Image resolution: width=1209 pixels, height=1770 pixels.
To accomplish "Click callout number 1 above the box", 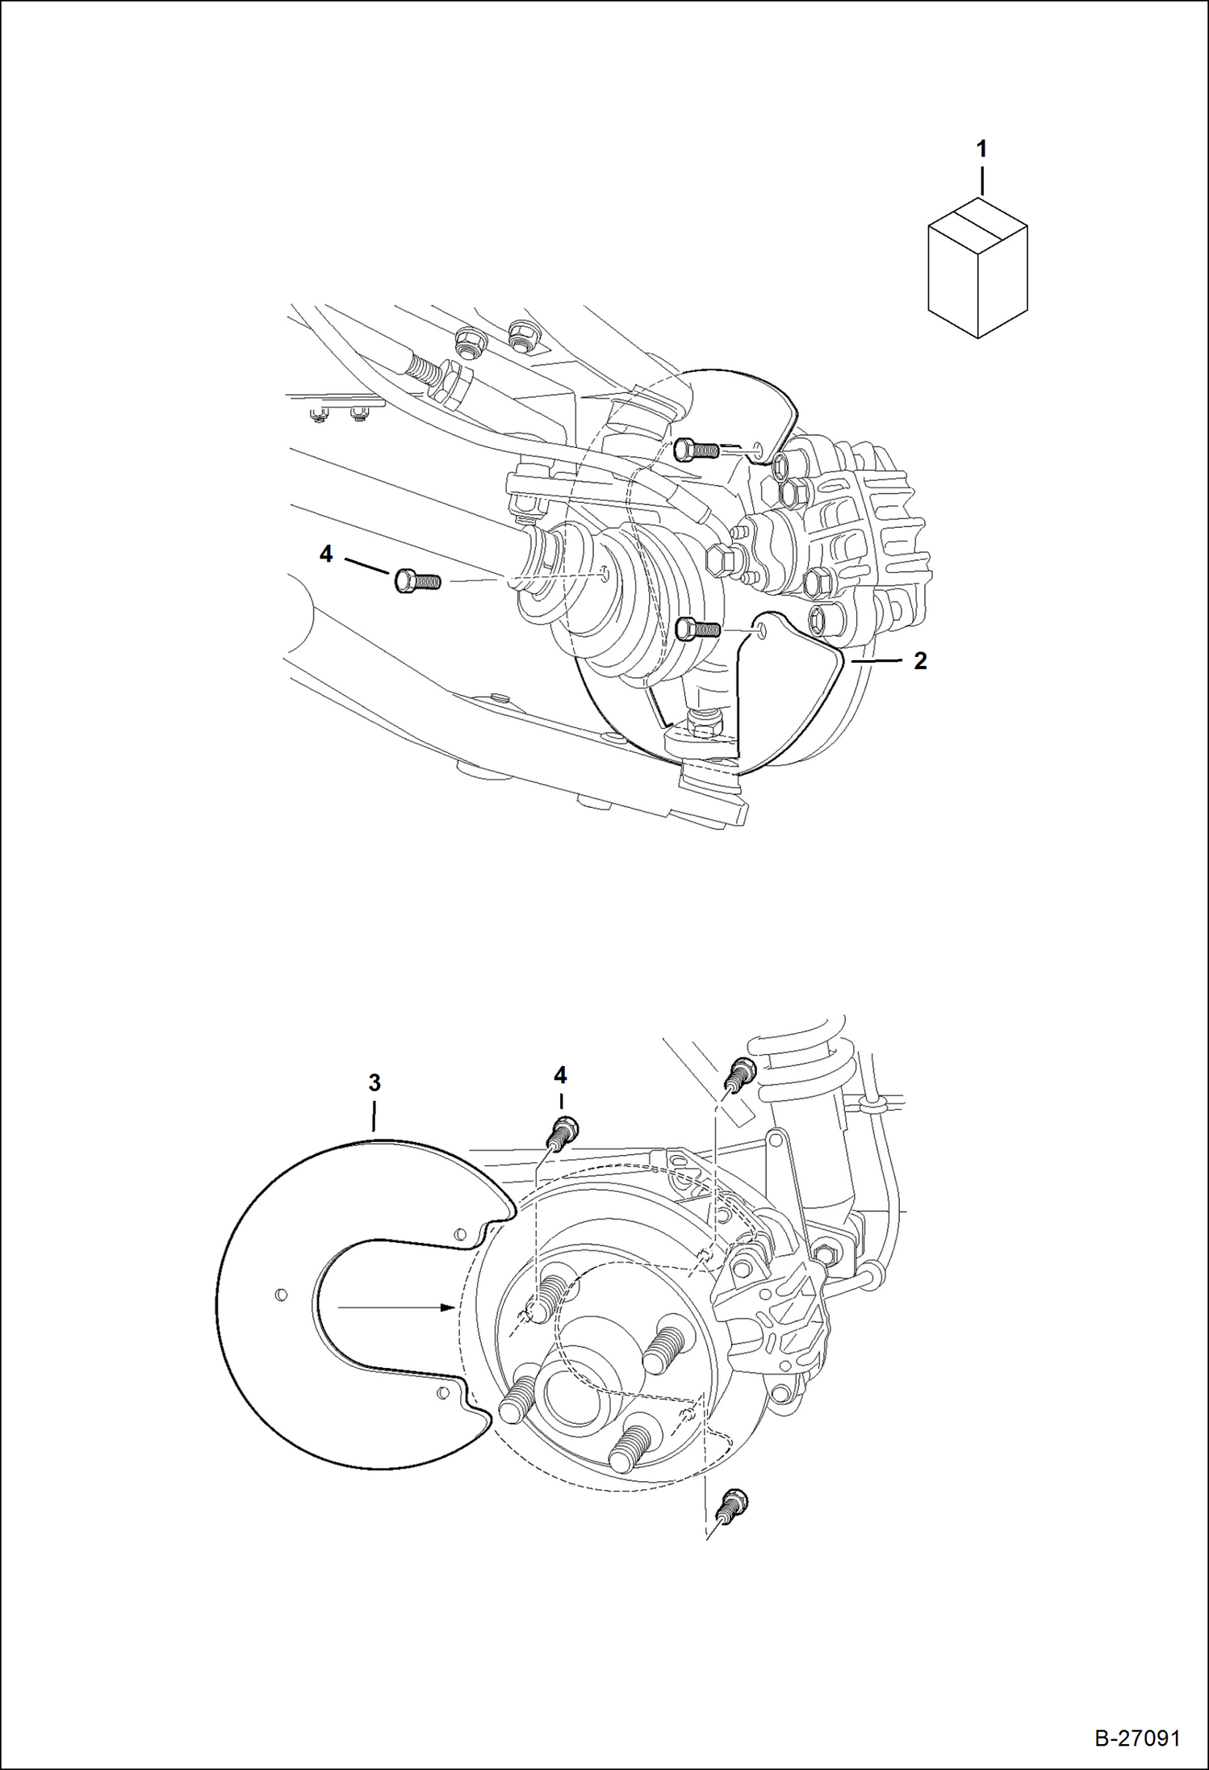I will tap(981, 149).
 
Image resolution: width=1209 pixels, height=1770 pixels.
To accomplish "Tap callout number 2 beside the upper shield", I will tap(920, 661).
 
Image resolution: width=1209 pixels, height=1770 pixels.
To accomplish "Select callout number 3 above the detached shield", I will tap(374, 1083).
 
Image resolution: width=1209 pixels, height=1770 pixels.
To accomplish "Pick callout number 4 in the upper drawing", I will tap(326, 554).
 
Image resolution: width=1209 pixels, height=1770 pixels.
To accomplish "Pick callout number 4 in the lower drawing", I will tap(560, 1075).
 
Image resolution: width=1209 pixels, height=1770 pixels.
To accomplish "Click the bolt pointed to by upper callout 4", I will tap(416, 580).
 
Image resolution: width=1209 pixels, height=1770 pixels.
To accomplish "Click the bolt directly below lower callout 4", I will tap(563, 1132).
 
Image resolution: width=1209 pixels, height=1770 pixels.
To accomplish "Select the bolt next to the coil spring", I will tap(739, 1073).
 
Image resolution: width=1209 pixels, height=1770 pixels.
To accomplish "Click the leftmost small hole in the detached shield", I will tap(280, 1295).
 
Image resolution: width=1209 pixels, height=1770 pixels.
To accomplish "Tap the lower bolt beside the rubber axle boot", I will tap(696, 628).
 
